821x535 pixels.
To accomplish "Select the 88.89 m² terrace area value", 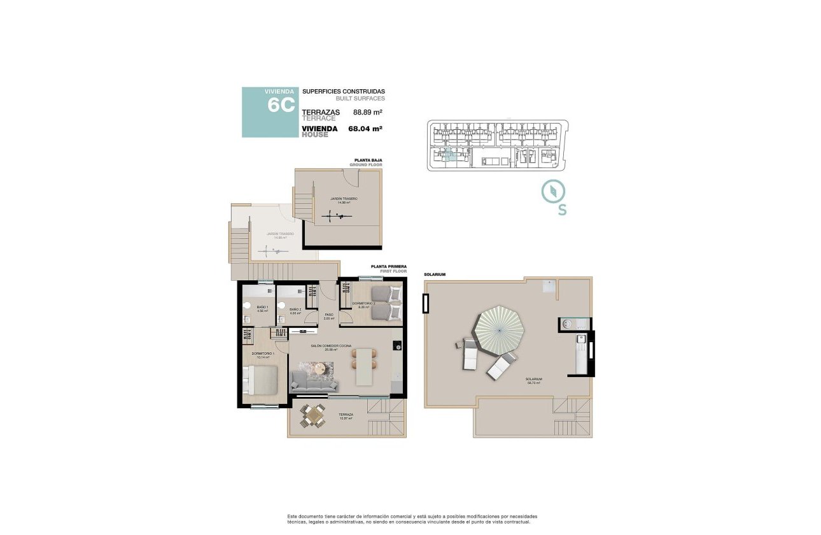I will [x=367, y=112].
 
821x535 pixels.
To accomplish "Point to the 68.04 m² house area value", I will [x=365, y=129].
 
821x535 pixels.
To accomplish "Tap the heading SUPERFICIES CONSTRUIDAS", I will [x=343, y=92].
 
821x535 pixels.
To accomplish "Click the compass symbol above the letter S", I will [x=553, y=191].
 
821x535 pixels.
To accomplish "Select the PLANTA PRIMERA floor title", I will [x=388, y=267].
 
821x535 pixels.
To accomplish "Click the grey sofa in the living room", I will [x=314, y=382].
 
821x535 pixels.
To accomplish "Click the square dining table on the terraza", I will [x=312, y=417].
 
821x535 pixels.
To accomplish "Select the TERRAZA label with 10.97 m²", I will [x=346, y=415].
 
